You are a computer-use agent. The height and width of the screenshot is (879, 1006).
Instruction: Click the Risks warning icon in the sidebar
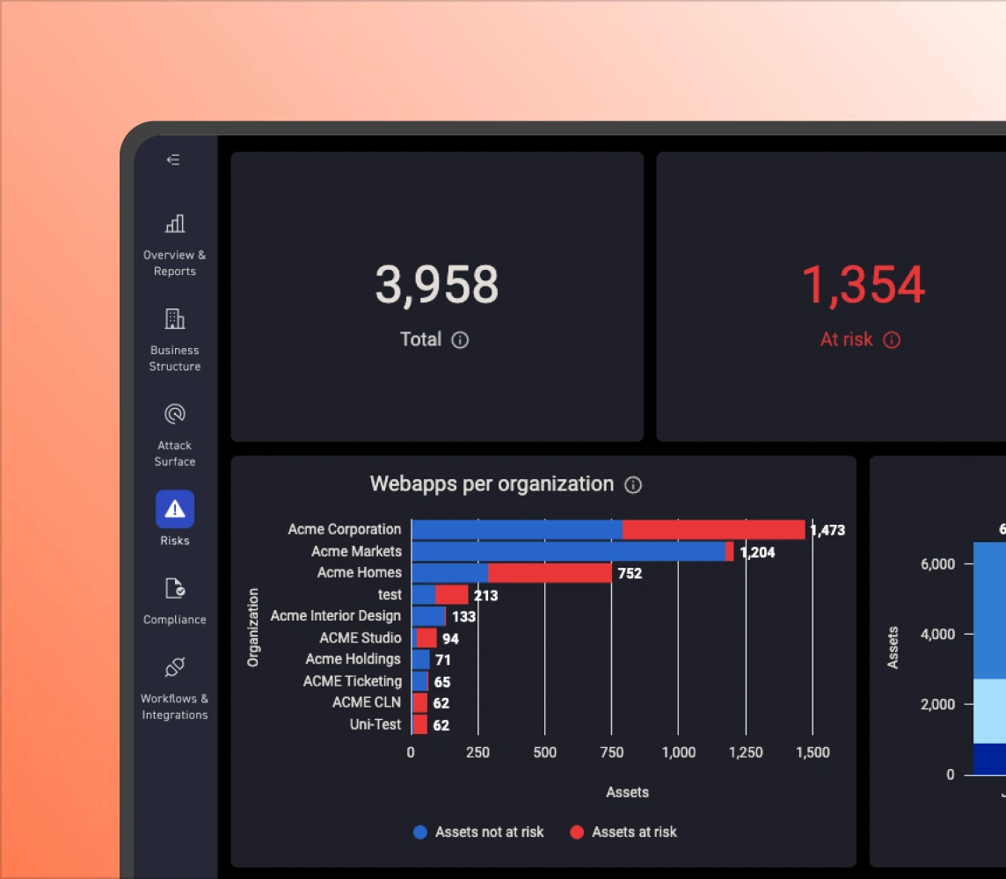click(x=174, y=509)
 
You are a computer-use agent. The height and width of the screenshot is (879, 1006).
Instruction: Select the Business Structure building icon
click(x=174, y=318)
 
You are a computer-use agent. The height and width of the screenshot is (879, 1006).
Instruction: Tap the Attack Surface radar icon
click(x=174, y=413)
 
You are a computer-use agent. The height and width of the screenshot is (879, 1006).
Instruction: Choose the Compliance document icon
click(x=174, y=588)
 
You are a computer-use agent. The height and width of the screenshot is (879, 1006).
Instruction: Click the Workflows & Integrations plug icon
click(x=174, y=668)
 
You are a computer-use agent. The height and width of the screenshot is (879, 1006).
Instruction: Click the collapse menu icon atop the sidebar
click(x=173, y=160)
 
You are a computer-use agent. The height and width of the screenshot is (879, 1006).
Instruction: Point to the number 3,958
click(x=437, y=285)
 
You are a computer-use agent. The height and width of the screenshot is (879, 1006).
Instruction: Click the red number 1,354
click(x=863, y=285)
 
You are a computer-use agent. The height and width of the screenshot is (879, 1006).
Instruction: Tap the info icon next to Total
click(x=460, y=340)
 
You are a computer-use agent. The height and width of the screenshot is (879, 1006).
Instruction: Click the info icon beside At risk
click(x=892, y=340)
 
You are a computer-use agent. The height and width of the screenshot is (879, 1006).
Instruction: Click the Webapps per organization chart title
click(x=492, y=484)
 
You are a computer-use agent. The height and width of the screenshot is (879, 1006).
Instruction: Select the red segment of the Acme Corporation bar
click(x=713, y=529)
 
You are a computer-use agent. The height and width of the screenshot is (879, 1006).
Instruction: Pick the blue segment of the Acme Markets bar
click(x=568, y=551)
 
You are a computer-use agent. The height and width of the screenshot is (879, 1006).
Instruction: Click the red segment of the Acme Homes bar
click(x=550, y=573)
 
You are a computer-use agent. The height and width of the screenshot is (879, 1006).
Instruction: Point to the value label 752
click(x=630, y=573)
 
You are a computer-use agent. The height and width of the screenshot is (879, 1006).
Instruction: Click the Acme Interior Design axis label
click(x=335, y=616)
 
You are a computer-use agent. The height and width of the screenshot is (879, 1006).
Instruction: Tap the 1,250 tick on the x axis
click(x=745, y=752)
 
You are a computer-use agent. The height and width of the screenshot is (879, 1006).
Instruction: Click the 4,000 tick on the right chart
click(x=937, y=634)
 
